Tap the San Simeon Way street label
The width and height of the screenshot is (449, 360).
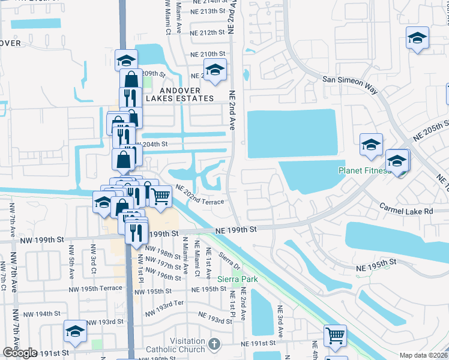tap(350, 84)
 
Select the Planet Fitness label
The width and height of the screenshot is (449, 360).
tap(364, 170)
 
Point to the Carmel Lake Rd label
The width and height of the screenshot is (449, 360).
tap(406, 208)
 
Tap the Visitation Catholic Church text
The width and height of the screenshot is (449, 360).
tap(187, 345)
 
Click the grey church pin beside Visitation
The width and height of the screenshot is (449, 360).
tap(214, 345)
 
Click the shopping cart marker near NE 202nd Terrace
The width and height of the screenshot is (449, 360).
tap(160, 196)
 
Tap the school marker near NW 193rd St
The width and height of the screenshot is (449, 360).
tap(76, 331)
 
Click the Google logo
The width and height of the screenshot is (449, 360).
tap(20, 353)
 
